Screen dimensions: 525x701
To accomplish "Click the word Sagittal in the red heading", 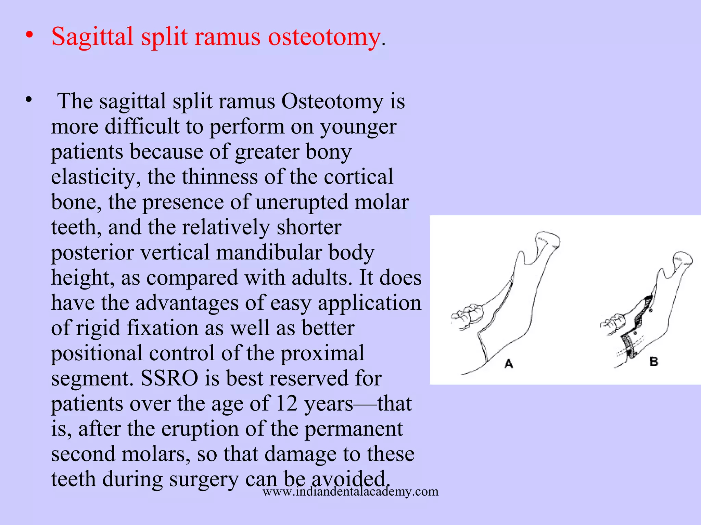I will click(92, 36).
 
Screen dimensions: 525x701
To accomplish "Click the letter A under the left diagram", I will click(509, 364).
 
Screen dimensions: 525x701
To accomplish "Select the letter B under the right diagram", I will click(654, 361).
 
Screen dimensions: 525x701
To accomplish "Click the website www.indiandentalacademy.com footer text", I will click(350, 492).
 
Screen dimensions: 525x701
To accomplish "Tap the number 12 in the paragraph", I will click(286, 404).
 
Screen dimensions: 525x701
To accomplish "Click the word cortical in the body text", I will click(358, 177).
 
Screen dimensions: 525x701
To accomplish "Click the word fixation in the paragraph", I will click(163, 328).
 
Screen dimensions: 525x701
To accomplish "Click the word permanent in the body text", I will click(354, 429).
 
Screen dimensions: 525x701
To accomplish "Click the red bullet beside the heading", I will click(30, 35).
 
